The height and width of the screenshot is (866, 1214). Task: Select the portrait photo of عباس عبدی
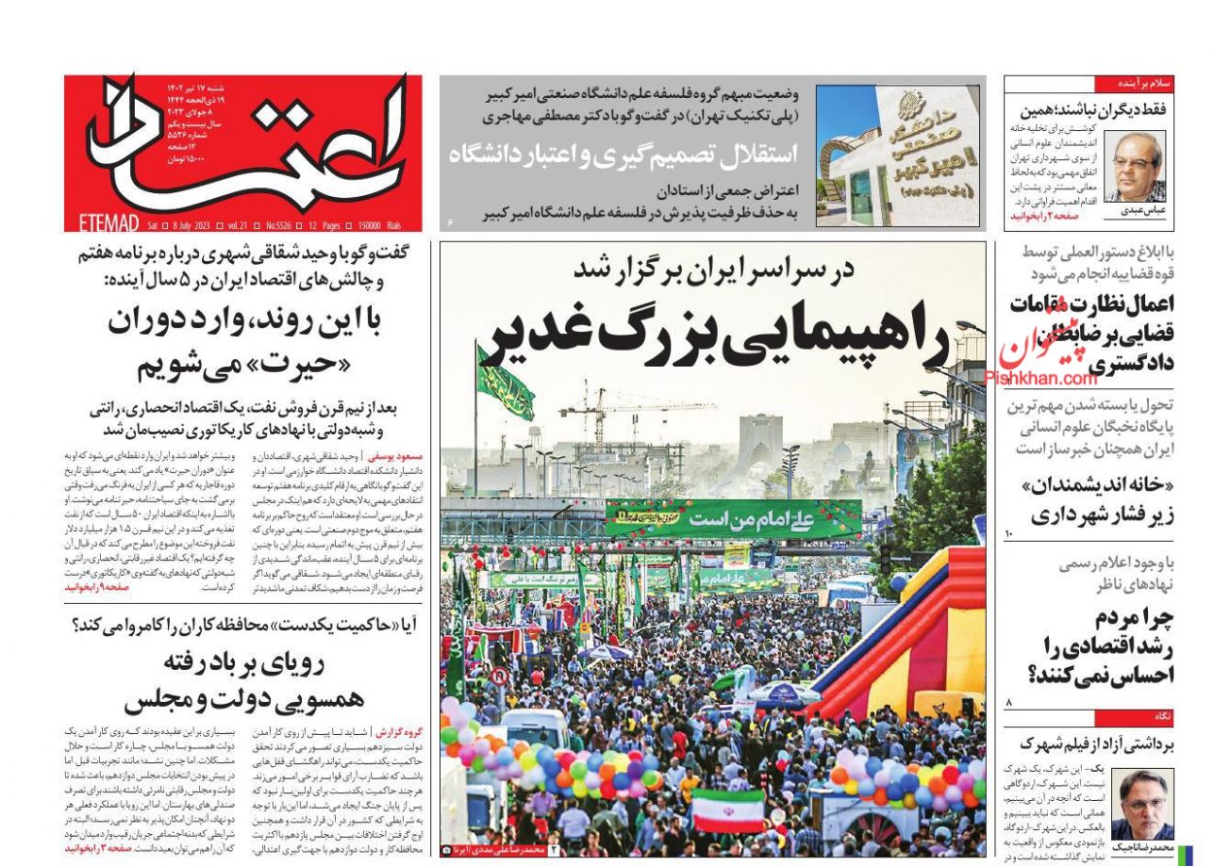1134,166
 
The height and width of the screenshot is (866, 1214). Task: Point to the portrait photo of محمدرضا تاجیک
1144,804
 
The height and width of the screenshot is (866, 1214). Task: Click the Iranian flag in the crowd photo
727,811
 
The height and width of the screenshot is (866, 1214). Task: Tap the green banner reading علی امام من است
733,518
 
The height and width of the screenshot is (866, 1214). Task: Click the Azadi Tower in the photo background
760,443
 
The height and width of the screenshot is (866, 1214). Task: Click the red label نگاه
1163,717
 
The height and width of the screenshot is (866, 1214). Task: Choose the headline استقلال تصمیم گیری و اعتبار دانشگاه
622,153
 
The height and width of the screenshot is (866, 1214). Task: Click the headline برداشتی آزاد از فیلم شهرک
1092,745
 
